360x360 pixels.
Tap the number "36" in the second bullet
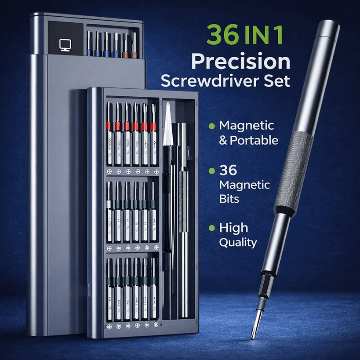tap(229, 170)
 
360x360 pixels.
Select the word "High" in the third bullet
tap(233, 228)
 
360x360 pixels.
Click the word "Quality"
tap(238, 242)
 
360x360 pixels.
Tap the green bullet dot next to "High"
tap(211, 228)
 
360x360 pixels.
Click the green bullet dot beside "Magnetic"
tap(211, 126)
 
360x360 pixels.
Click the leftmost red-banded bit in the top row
tap(109, 127)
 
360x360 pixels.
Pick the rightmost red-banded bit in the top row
tap(153, 127)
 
